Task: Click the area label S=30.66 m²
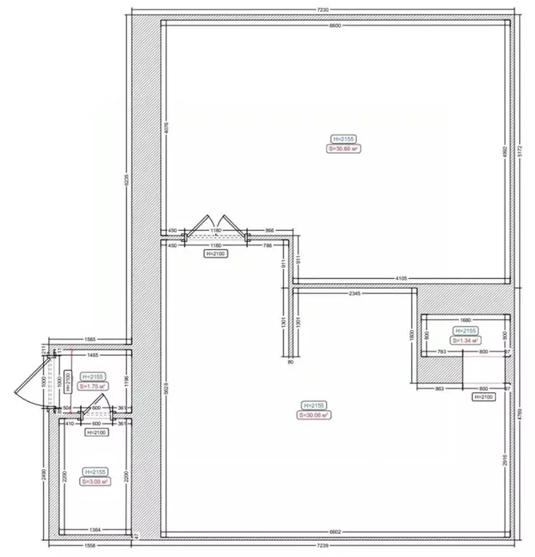coord(344,147)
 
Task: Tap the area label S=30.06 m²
coord(313,415)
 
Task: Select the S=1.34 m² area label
coord(466,340)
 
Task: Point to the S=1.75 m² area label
coord(94,386)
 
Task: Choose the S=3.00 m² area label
coord(95,481)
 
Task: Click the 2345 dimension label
coord(355,294)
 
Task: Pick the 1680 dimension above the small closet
coord(466,319)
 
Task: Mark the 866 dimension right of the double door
coord(270,230)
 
